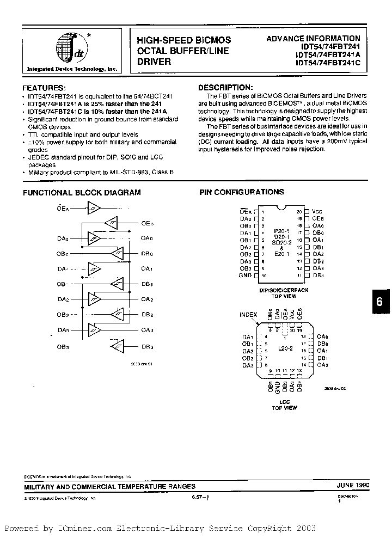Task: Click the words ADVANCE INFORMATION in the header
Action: (x=313, y=38)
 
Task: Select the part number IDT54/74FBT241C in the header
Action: (x=328, y=63)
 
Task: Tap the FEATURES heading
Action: (x=44, y=88)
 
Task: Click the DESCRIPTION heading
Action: (x=225, y=87)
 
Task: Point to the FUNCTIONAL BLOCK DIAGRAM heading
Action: (x=81, y=192)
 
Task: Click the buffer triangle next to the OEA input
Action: (x=93, y=207)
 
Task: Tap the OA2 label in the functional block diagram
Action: (x=147, y=299)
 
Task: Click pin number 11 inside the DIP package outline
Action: (x=299, y=275)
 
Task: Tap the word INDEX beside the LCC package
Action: (x=248, y=315)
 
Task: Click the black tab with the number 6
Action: (x=380, y=303)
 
